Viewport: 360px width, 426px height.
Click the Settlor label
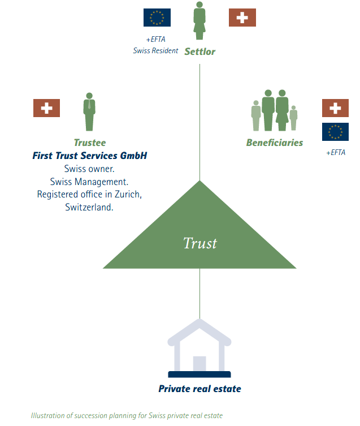199,52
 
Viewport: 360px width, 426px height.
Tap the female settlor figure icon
199,20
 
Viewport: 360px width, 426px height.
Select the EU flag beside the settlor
157,18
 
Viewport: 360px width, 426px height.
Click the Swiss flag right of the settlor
242,18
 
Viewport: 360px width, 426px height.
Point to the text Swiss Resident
155,51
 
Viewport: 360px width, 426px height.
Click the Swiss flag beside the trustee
46,108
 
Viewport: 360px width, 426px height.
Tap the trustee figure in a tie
89,112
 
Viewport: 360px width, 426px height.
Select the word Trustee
89,143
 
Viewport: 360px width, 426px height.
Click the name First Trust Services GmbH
89,156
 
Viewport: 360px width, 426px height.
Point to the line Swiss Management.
89,181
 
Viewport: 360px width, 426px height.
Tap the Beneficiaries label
274,143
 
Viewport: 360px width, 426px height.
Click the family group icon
274,110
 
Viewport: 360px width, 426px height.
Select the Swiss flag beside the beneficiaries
335,108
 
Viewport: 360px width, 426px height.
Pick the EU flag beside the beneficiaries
335,132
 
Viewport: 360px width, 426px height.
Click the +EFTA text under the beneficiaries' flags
335,153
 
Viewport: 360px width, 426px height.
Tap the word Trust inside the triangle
200,243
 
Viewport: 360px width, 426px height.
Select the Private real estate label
199,389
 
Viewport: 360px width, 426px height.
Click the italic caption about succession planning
127,416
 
